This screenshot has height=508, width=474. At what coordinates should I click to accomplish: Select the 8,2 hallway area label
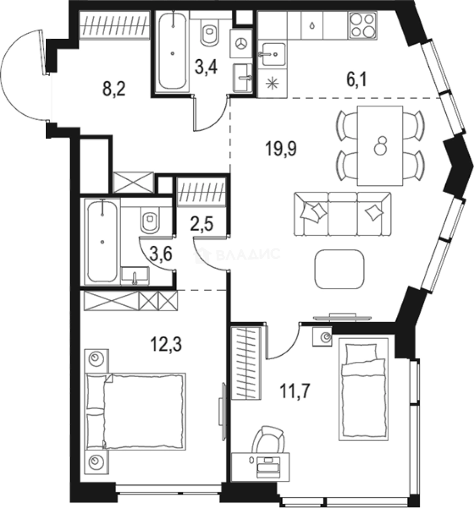[115, 89]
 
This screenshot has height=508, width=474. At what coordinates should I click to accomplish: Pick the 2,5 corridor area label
[202, 222]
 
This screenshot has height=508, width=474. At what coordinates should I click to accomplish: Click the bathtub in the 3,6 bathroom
[102, 241]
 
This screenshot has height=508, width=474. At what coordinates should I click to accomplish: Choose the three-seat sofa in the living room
[342, 214]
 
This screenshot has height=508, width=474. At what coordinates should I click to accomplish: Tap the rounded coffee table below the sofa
[340, 269]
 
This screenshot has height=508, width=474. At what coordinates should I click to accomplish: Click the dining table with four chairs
[380, 145]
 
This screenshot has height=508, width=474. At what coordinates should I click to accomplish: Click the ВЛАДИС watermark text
[248, 255]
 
